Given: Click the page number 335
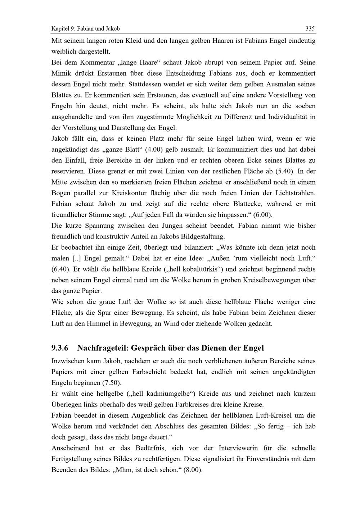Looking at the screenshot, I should [310, 28].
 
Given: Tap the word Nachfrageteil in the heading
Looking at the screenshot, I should [103, 348].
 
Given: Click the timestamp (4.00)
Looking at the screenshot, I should [158, 149].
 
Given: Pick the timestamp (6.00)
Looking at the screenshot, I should [263, 215].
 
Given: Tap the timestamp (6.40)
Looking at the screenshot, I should [61, 269].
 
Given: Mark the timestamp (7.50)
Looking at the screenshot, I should [112, 382].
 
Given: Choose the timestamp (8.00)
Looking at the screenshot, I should [193, 470].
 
